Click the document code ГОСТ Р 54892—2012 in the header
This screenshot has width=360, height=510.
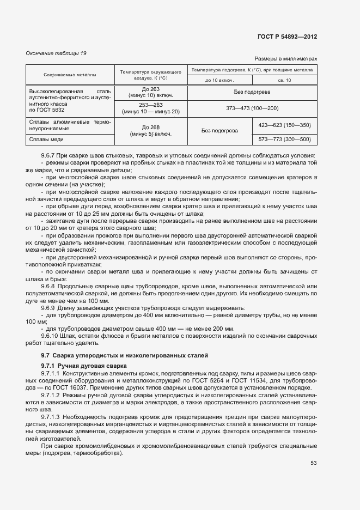[x=287, y=37]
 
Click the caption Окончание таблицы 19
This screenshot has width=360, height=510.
[x=56, y=53]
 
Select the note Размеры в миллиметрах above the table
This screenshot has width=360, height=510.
[x=285, y=58]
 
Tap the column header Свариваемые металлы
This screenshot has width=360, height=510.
[x=69, y=75]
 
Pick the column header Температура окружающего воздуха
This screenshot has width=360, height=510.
[x=150, y=75]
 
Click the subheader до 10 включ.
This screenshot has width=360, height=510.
[x=219, y=81]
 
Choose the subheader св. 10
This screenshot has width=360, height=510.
[x=284, y=81]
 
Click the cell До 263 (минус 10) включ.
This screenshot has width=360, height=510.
[x=150, y=92]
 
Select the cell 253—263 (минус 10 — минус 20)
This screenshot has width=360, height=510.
[x=150, y=108]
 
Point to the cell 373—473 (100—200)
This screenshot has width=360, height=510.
[x=252, y=108]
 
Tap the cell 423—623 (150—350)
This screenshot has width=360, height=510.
[x=285, y=125]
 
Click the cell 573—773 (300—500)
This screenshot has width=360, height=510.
[x=285, y=139]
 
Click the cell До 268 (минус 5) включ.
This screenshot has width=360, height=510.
[x=150, y=131]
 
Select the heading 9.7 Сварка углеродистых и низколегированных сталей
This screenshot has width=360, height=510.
[x=120, y=355]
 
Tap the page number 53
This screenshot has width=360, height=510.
[x=314, y=463]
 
